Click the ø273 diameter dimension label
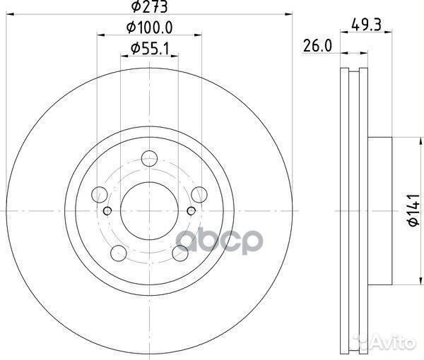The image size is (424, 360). (x=148, y=8)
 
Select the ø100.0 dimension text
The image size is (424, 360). (x=149, y=28)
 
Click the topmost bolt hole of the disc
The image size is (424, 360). (x=149, y=158)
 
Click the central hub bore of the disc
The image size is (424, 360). (x=149, y=210)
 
